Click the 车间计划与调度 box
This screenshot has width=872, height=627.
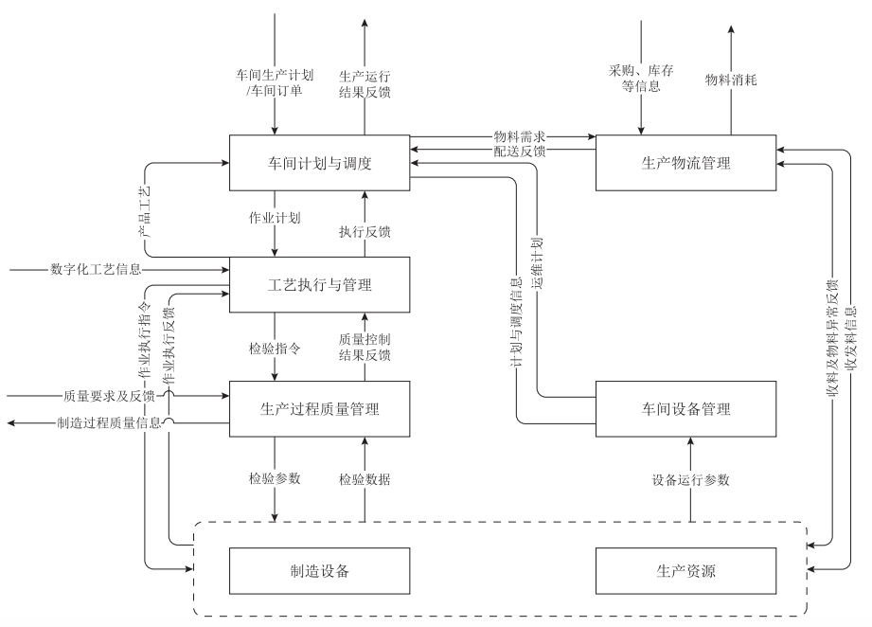tap(319, 163)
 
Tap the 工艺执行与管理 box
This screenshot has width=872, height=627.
tap(319, 284)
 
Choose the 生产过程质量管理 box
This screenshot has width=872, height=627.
tap(319, 408)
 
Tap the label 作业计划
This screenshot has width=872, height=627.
tap(275, 217)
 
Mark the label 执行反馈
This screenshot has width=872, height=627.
tap(365, 230)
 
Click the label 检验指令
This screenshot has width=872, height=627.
tap(275, 348)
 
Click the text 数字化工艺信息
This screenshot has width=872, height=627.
tap(96, 270)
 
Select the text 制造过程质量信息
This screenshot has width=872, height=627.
tap(109, 423)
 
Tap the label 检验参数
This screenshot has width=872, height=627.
tap(275, 479)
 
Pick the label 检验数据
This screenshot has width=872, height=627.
tap(365, 479)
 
